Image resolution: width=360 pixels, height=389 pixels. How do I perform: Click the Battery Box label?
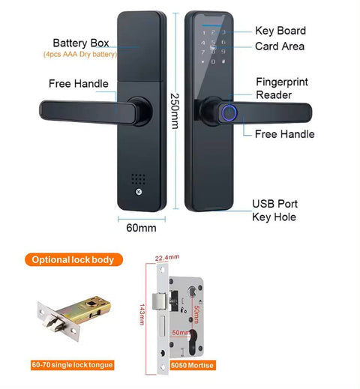(82, 43)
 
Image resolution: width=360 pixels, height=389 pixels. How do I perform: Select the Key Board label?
(280, 31)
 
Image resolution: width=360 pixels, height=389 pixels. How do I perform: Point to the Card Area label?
(279, 46)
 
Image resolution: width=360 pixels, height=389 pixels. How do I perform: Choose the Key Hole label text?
(275, 217)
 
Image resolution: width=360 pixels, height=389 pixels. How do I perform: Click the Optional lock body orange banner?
(73, 260)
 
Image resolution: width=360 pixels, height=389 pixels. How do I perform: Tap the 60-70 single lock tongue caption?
(72, 365)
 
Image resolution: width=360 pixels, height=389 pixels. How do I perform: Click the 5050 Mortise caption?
(192, 365)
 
